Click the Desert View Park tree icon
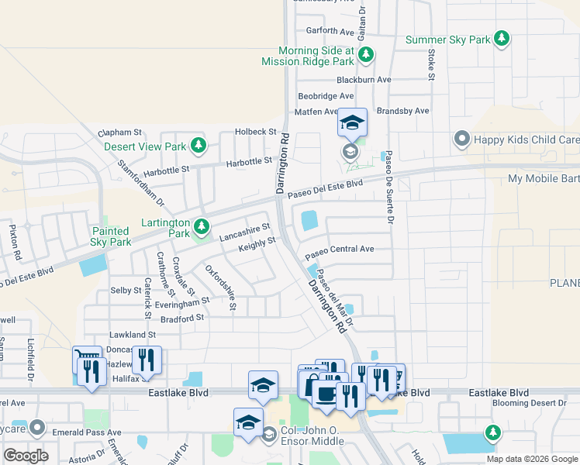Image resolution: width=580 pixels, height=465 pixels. coord(199,145)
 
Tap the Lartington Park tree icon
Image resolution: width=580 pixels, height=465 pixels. coord(202,226)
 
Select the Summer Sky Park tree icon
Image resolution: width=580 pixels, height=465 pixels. coord(502,38)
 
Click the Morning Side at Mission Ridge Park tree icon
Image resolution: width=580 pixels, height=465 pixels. coord(366,54)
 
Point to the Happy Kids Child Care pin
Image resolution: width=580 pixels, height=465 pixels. coord(462,139)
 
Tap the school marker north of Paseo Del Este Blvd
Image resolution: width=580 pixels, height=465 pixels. coord(352,123)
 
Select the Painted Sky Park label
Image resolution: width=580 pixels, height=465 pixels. coord(110,236)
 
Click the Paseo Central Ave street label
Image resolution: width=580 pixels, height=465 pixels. coord(340,250)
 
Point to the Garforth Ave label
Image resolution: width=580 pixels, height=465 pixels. coord(330,32)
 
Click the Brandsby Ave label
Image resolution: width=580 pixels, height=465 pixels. coord(402,111)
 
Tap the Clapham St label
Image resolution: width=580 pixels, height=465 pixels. coord(121,133)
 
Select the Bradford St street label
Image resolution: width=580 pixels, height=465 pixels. coord(183,317)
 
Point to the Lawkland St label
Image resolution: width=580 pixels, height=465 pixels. coord(133,334)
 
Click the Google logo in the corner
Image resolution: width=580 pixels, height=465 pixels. coord(26,456)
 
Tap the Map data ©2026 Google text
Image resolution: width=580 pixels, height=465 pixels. coord(531,459)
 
